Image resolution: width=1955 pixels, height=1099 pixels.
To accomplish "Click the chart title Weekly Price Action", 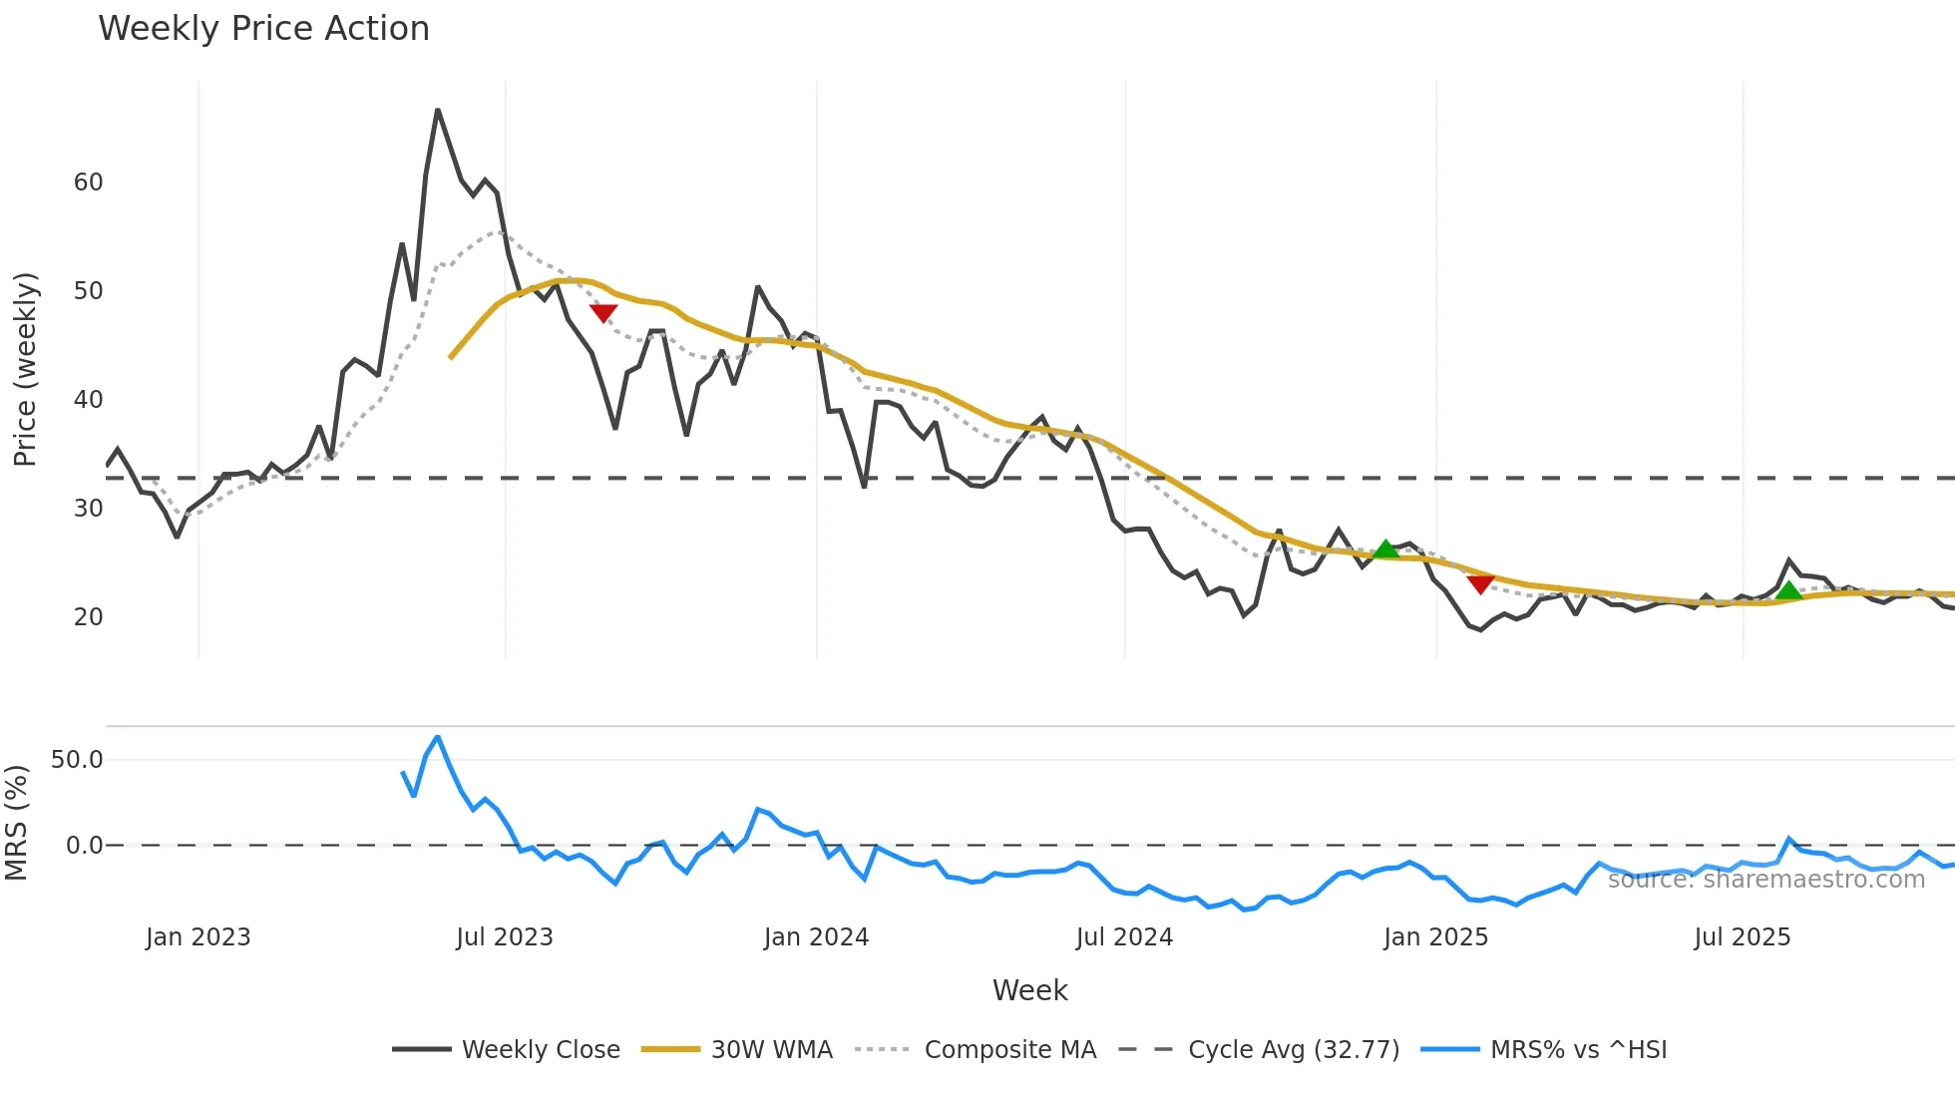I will click(x=263, y=29).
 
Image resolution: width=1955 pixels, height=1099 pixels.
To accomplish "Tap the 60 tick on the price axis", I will click(x=89, y=183).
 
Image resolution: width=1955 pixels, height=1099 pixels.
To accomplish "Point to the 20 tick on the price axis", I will click(x=89, y=617).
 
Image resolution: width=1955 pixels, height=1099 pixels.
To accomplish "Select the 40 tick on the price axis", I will click(x=89, y=400).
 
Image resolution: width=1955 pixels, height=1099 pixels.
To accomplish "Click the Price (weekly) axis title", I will click(x=25, y=369).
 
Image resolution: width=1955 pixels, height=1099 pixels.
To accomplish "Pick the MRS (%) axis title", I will click(x=16, y=823).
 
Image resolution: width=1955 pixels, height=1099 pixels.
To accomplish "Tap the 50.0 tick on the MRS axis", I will click(x=77, y=760).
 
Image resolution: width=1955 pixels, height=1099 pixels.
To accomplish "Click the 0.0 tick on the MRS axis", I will click(x=84, y=846).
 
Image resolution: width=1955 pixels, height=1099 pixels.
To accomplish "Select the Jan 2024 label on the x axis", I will click(x=816, y=937).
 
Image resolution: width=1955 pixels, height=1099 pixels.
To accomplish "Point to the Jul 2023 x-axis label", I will click(x=505, y=937).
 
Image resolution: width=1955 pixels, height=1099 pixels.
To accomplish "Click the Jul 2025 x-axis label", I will click(x=1743, y=937).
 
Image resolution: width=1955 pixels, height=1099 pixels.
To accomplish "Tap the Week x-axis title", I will click(x=1029, y=990).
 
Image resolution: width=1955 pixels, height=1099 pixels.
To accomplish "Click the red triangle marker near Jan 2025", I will click(x=1480, y=584).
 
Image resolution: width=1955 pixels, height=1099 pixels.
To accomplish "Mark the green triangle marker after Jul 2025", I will click(x=1789, y=590).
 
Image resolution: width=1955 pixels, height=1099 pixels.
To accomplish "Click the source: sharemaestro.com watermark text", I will click(x=1765, y=880).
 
